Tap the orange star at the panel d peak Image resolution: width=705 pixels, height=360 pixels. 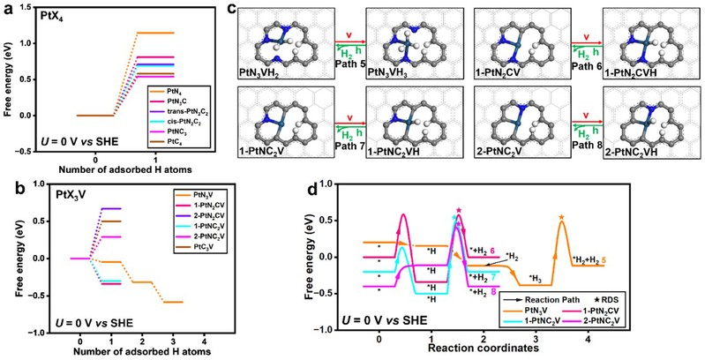[562, 216]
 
